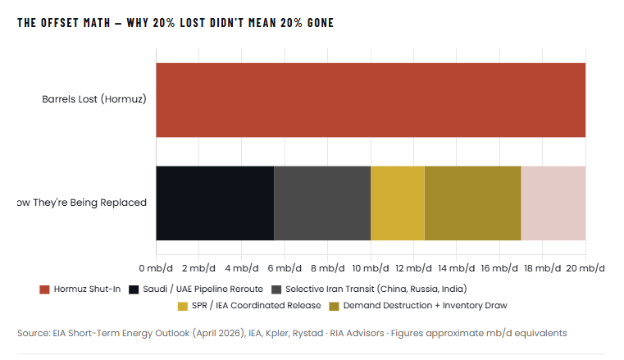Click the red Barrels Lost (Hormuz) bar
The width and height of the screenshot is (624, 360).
[x=370, y=100]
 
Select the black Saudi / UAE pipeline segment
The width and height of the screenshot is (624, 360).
[x=215, y=203]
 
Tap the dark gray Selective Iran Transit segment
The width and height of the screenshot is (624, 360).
[x=321, y=203]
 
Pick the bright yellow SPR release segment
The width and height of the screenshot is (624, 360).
[x=397, y=203]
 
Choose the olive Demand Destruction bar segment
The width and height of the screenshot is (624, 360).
[x=472, y=203]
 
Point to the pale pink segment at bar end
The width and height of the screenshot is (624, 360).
[x=553, y=203]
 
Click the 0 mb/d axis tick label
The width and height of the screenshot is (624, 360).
[x=156, y=268]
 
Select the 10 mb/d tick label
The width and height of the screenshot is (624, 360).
[x=371, y=268]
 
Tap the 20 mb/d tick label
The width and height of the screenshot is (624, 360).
[x=585, y=268]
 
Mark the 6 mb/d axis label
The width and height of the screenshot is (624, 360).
[x=285, y=268]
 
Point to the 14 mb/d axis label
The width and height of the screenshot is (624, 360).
[x=457, y=268]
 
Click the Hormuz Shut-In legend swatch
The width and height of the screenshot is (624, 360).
[x=44, y=289]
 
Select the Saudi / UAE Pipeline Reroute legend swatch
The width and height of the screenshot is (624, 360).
[x=134, y=289]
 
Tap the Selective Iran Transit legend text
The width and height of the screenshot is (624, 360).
[x=365, y=289]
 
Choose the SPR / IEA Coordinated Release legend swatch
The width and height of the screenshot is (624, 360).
[x=183, y=306]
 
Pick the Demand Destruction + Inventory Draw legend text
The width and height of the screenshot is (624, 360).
[x=425, y=306]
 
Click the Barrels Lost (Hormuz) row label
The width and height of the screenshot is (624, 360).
[x=94, y=100]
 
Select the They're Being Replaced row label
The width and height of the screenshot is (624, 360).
[x=82, y=203]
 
